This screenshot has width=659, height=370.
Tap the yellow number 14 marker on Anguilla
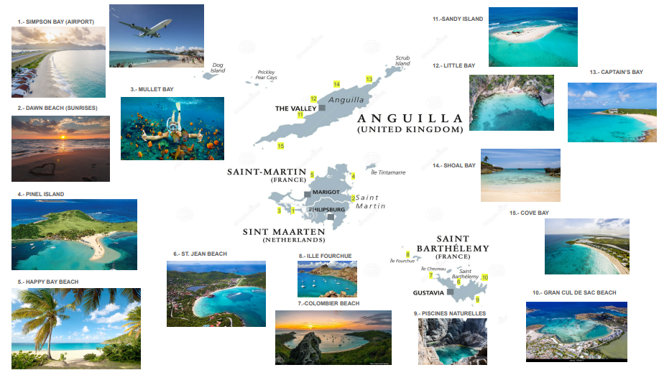point(336,84)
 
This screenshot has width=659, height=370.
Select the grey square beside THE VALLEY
point(323,108)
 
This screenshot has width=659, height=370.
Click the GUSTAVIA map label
point(428,293)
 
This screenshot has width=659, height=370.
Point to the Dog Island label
point(218,68)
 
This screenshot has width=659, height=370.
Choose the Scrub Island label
point(402,60)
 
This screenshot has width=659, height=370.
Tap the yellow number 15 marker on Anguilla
point(280,147)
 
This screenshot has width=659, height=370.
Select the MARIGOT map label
point(326,193)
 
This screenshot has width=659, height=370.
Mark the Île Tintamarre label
point(388,172)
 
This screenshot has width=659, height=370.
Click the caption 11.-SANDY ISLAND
point(458,19)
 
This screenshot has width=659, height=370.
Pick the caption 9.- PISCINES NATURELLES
point(450,313)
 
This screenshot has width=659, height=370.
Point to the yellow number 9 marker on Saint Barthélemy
point(477,299)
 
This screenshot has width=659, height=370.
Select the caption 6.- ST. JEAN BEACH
point(200,254)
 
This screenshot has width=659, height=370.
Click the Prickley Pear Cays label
point(267,75)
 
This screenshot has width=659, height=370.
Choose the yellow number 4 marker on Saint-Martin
point(353,176)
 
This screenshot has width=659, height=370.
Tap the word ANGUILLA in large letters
point(410,119)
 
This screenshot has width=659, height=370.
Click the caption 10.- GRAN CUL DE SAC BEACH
point(574,292)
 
